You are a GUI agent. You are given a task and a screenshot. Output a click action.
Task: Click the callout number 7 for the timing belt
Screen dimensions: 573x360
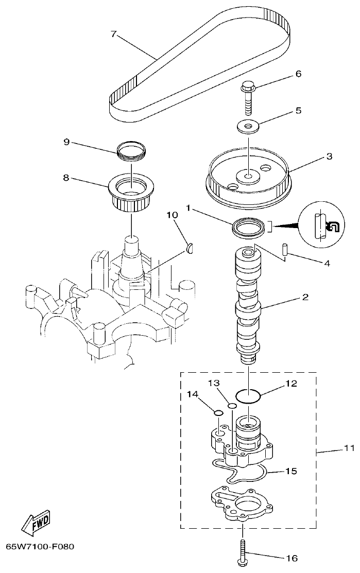tap(114, 34)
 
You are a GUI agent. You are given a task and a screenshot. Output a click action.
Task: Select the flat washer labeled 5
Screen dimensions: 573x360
tap(248, 125)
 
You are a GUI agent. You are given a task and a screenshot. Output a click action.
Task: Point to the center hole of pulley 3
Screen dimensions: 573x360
tap(248, 177)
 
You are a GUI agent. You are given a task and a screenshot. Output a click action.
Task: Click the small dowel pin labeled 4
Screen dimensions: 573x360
tap(284, 249)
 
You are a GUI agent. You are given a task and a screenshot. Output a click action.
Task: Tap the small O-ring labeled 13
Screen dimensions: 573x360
tap(232, 406)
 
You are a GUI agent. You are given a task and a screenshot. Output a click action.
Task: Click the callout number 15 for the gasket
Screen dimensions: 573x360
tap(291, 471)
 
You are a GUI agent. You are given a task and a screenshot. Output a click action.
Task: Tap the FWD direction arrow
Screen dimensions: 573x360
tap(36, 523)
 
